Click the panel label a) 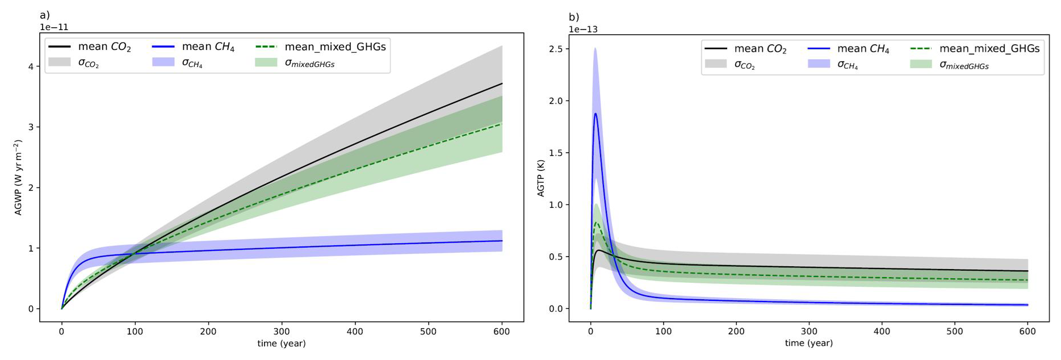click(44, 15)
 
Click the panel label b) click(574, 18)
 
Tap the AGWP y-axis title click(18, 178)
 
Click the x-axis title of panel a click(281, 344)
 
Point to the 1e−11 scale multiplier click(54, 27)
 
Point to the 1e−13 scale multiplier click(583, 30)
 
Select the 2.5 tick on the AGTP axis click(556, 49)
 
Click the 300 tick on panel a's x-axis click(282, 332)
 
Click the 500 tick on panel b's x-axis click(955, 332)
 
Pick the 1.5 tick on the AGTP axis click(556, 153)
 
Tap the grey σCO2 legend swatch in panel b click(715, 65)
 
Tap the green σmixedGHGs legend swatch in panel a click(266, 63)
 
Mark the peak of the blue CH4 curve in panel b click(595, 114)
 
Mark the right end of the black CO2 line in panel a click(502, 83)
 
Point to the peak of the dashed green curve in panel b click(596, 223)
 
